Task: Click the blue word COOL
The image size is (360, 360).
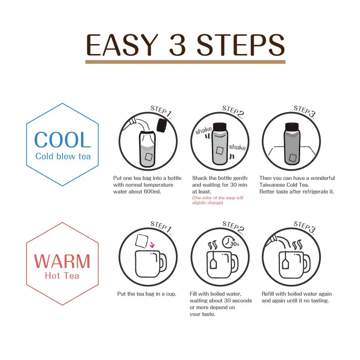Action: click(63, 140)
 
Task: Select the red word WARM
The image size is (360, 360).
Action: click(62, 261)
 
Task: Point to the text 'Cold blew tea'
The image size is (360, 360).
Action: click(63, 157)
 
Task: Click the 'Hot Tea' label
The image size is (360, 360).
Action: click(62, 275)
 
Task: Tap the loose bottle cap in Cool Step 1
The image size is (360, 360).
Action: click(162, 125)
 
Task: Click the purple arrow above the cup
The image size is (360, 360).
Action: click(152, 245)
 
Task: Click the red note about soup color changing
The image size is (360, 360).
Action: click(217, 200)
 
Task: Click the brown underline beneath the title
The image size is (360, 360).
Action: click(185, 62)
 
